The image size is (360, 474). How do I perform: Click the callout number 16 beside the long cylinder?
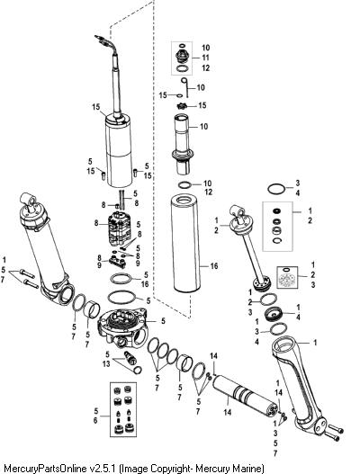(x=214, y=266)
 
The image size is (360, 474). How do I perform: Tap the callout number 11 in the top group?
(x=206, y=58)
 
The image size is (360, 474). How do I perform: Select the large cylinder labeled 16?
(x=185, y=244)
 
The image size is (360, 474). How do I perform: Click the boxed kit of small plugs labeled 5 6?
(x=122, y=409)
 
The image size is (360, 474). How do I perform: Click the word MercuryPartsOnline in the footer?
(x=43, y=469)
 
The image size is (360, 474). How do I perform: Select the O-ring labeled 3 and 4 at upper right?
(x=276, y=189)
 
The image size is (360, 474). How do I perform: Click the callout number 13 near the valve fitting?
(x=106, y=364)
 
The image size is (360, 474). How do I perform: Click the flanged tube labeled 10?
(x=183, y=144)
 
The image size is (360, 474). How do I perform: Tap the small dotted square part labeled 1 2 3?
(x=288, y=277)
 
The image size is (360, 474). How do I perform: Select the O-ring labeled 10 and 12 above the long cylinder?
(x=185, y=184)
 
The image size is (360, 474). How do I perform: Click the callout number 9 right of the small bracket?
(x=138, y=264)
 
